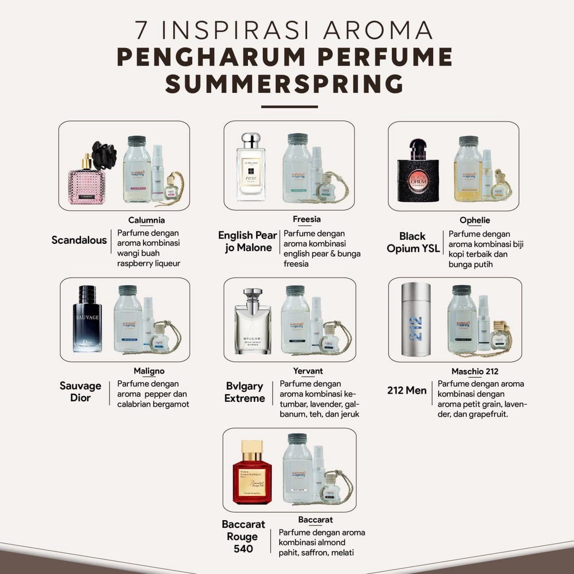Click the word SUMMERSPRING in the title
284,83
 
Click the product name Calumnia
146,220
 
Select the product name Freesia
307,219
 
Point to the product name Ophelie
475,220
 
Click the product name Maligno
149,371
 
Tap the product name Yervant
308,371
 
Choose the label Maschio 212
475,371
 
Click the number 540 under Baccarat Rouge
243,549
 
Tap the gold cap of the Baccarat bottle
252,448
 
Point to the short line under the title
289,107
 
